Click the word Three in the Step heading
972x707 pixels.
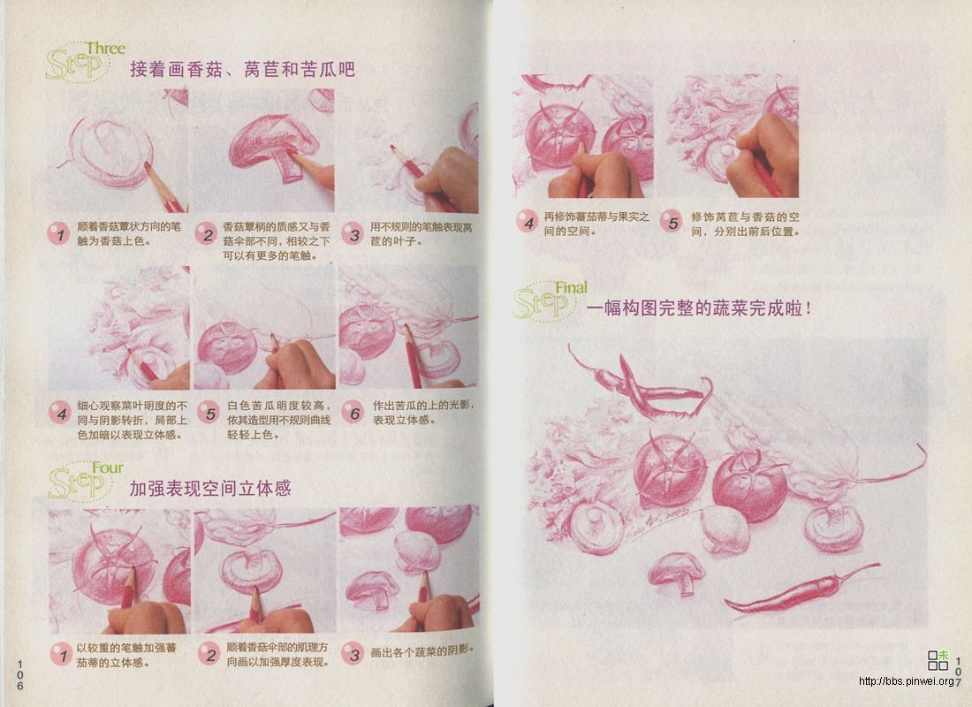(x=105, y=49)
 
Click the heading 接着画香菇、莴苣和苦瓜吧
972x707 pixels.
(x=242, y=69)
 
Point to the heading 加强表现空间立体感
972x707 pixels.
(x=210, y=488)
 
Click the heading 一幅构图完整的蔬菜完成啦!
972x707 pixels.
(x=698, y=308)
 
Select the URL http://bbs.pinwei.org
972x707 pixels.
(x=907, y=681)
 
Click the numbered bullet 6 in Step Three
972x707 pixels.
(x=353, y=413)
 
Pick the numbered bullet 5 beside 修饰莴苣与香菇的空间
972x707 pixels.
(x=672, y=223)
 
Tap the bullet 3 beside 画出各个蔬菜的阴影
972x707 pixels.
(x=353, y=654)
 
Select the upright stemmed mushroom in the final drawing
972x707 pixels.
(x=677, y=573)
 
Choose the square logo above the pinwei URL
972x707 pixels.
(x=938, y=659)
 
